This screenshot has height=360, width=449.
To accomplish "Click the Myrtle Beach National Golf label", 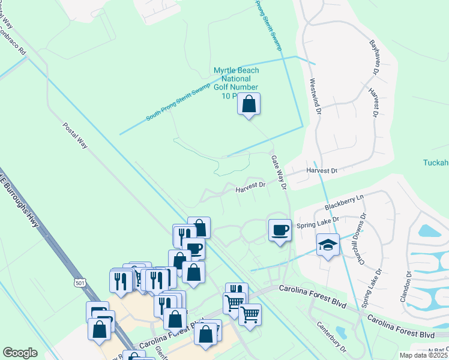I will (237, 83).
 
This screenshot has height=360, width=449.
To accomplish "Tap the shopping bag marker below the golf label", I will (249, 105).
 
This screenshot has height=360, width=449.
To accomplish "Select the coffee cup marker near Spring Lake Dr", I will (279, 230).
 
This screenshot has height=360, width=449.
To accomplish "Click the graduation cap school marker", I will (328, 245).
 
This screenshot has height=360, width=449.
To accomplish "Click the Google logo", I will (20, 353).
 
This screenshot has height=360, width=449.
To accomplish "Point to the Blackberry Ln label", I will (345, 202).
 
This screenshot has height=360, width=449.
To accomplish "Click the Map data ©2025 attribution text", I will (424, 356).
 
